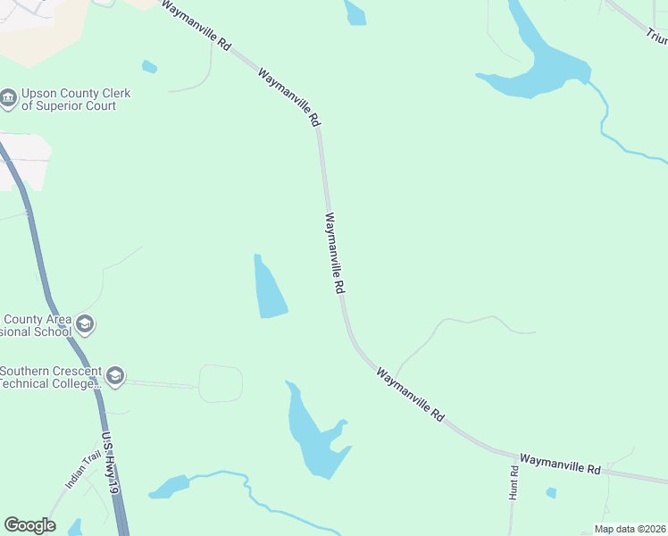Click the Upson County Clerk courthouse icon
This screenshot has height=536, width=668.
coord(9,99)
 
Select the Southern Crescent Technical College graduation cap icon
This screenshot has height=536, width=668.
coord(114,377)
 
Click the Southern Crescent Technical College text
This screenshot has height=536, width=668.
coord(49,378)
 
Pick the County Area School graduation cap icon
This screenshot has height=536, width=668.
coord(85,324)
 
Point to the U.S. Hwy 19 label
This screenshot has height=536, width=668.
coord(111,465)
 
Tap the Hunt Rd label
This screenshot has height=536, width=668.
coord(514,482)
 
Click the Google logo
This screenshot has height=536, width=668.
coord(29,525)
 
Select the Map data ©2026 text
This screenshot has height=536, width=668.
coord(630,529)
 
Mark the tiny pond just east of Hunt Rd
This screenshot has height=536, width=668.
coord(551,492)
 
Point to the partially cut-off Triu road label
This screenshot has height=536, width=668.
coord(656,36)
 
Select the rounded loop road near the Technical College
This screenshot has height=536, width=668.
coord(221,383)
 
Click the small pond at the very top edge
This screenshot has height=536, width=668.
coord(355,12)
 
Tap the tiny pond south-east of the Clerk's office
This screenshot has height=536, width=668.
coord(149,66)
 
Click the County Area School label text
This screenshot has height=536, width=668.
coord(36,326)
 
